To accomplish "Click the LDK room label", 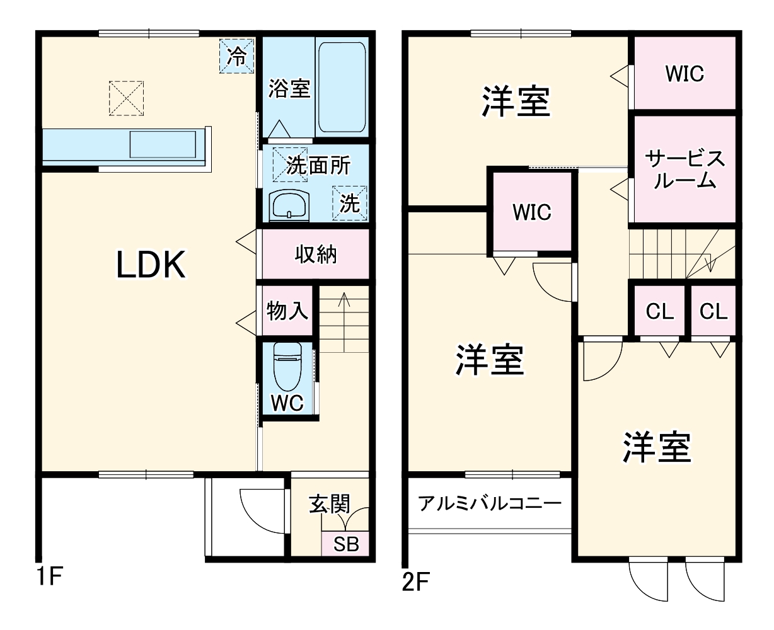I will point(151,265).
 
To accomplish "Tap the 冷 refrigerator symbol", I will point(236,56).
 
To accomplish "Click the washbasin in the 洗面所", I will point(289,205).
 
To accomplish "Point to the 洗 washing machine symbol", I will point(349,203).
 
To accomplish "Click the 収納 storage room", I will point(316,255).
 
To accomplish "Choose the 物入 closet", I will point(287,311).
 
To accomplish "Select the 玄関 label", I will point(329,504).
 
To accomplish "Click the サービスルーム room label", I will point(684,169).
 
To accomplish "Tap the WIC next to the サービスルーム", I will point(684,74).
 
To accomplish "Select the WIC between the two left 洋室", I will point(531,212).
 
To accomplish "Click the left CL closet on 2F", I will point(659,311).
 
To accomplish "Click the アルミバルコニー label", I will point(489,504).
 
